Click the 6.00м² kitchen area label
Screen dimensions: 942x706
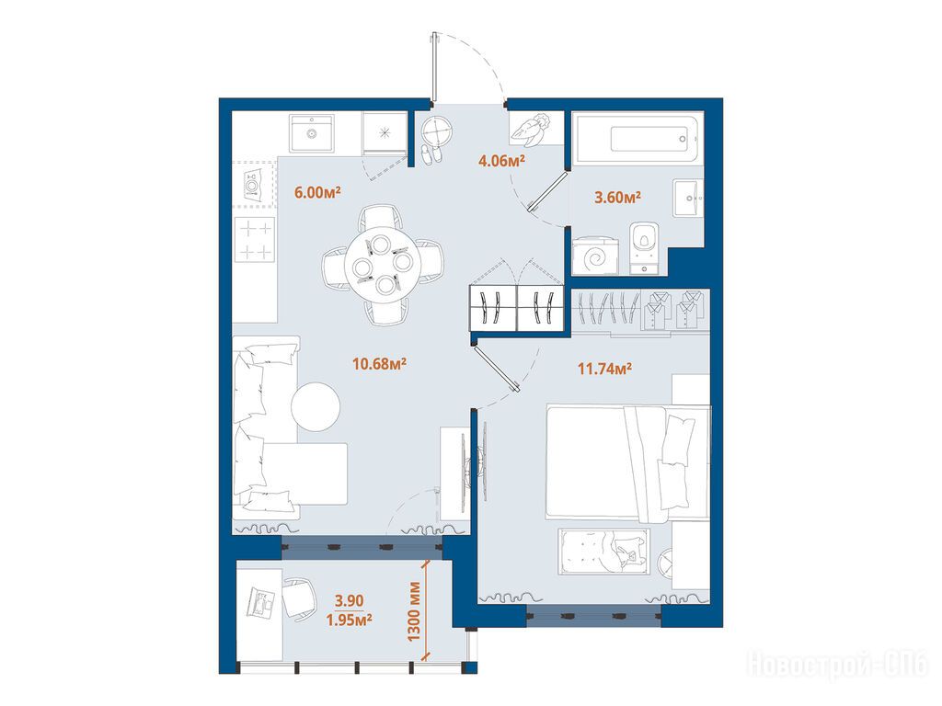[x=317, y=192]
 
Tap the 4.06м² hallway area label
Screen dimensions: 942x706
[x=501, y=160]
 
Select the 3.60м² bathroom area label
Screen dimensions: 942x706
[x=617, y=197]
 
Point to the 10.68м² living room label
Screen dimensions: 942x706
[x=380, y=363]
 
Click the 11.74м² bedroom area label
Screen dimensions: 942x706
[x=604, y=368]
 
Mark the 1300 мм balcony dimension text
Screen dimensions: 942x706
[x=415, y=611]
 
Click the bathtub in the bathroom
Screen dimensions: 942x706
[x=636, y=140]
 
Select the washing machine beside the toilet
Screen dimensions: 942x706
[x=596, y=256]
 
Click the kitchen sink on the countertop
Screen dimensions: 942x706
[x=312, y=133]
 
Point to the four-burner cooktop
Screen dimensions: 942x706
[x=256, y=240]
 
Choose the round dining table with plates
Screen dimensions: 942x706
[x=383, y=265]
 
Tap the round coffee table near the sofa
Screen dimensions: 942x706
[x=316, y=406]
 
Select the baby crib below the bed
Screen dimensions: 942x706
[x=603, y=552]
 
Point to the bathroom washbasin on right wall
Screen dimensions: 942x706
[x=688, y=197]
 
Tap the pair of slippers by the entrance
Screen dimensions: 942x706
[x=431, y=154]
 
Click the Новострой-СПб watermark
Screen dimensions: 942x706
[x=837, y=665]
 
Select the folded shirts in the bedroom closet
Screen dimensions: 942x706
[x=674, y=310]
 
